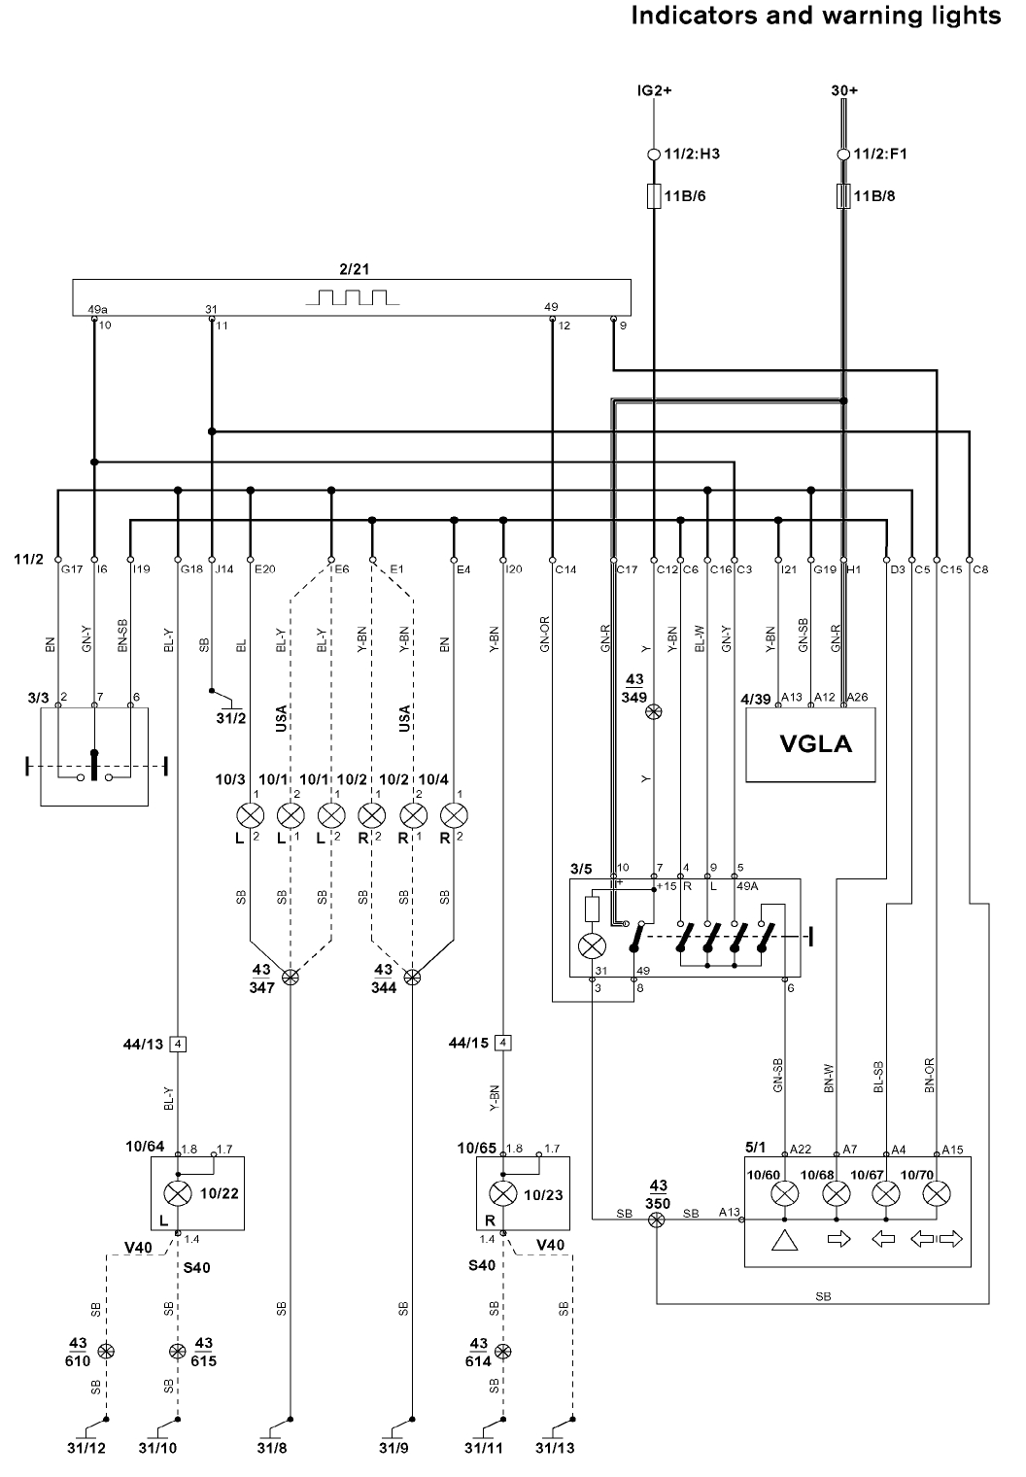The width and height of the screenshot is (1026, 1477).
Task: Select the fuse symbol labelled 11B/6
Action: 654,196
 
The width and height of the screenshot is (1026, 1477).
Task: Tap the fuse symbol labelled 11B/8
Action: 843,196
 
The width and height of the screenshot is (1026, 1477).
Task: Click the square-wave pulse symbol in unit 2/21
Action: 352,296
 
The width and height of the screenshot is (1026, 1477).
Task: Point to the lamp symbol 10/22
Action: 178,1193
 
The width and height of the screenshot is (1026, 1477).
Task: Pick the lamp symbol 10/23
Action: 502,1193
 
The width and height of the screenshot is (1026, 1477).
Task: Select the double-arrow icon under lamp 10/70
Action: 937,1240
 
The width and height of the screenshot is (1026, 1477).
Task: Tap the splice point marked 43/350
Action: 657,1214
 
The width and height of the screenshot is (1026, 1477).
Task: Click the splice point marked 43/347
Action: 291,977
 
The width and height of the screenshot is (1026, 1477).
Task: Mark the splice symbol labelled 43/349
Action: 654,712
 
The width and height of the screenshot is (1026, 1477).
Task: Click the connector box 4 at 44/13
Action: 178,1045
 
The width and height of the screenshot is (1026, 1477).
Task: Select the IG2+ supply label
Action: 654,90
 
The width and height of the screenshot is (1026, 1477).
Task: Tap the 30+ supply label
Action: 844,90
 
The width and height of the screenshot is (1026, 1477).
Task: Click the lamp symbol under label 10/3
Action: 251,813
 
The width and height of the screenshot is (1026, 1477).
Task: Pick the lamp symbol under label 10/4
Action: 453,813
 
